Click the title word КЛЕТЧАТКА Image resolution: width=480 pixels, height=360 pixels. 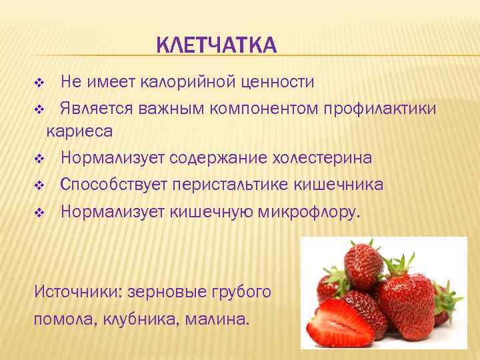[215, 46]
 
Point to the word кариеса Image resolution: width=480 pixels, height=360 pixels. [79, 131]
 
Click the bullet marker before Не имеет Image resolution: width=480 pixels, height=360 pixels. [39, 83]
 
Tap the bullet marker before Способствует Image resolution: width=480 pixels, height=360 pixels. [39, 185]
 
